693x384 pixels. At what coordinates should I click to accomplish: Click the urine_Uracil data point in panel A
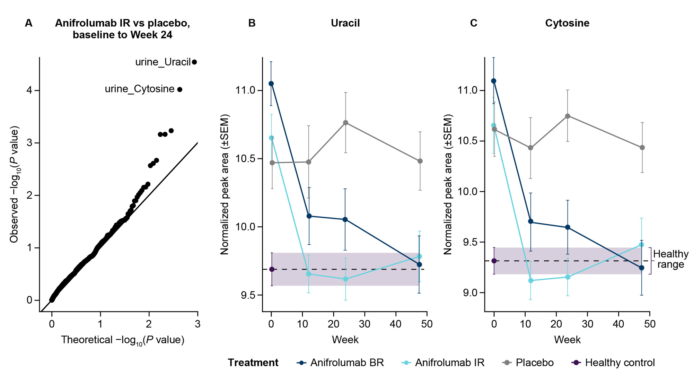tap(194, 62)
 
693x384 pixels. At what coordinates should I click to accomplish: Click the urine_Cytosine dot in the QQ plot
tap(179, 89)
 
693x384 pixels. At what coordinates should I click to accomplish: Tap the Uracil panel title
tap(345, 23)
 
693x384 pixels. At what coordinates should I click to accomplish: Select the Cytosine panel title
tap(567, 23)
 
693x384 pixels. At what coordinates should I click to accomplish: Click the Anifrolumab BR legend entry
tap(340, 363)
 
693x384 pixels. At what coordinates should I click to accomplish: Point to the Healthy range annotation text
tap(670, 259)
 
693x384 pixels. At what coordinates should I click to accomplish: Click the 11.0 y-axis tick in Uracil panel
tap(245, 90)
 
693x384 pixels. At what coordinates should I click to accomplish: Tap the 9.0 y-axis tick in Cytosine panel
tap(470, 293)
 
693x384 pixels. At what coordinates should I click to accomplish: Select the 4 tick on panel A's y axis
tap(29, 90)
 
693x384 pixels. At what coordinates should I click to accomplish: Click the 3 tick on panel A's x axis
tap(198, 324)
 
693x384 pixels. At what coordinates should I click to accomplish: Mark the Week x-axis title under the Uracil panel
tap(345, 340)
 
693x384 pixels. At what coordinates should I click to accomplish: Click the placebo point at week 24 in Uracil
tap(345, 123)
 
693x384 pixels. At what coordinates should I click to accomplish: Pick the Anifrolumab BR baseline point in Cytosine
tap(494, 81)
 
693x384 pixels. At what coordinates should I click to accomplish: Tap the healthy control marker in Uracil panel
tap(272, 269)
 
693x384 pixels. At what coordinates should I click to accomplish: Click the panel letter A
tap(29, 23)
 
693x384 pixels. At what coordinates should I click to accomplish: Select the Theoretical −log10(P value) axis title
tap(123, 340)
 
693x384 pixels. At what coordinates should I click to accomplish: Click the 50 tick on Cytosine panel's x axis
tap(650, 324)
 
